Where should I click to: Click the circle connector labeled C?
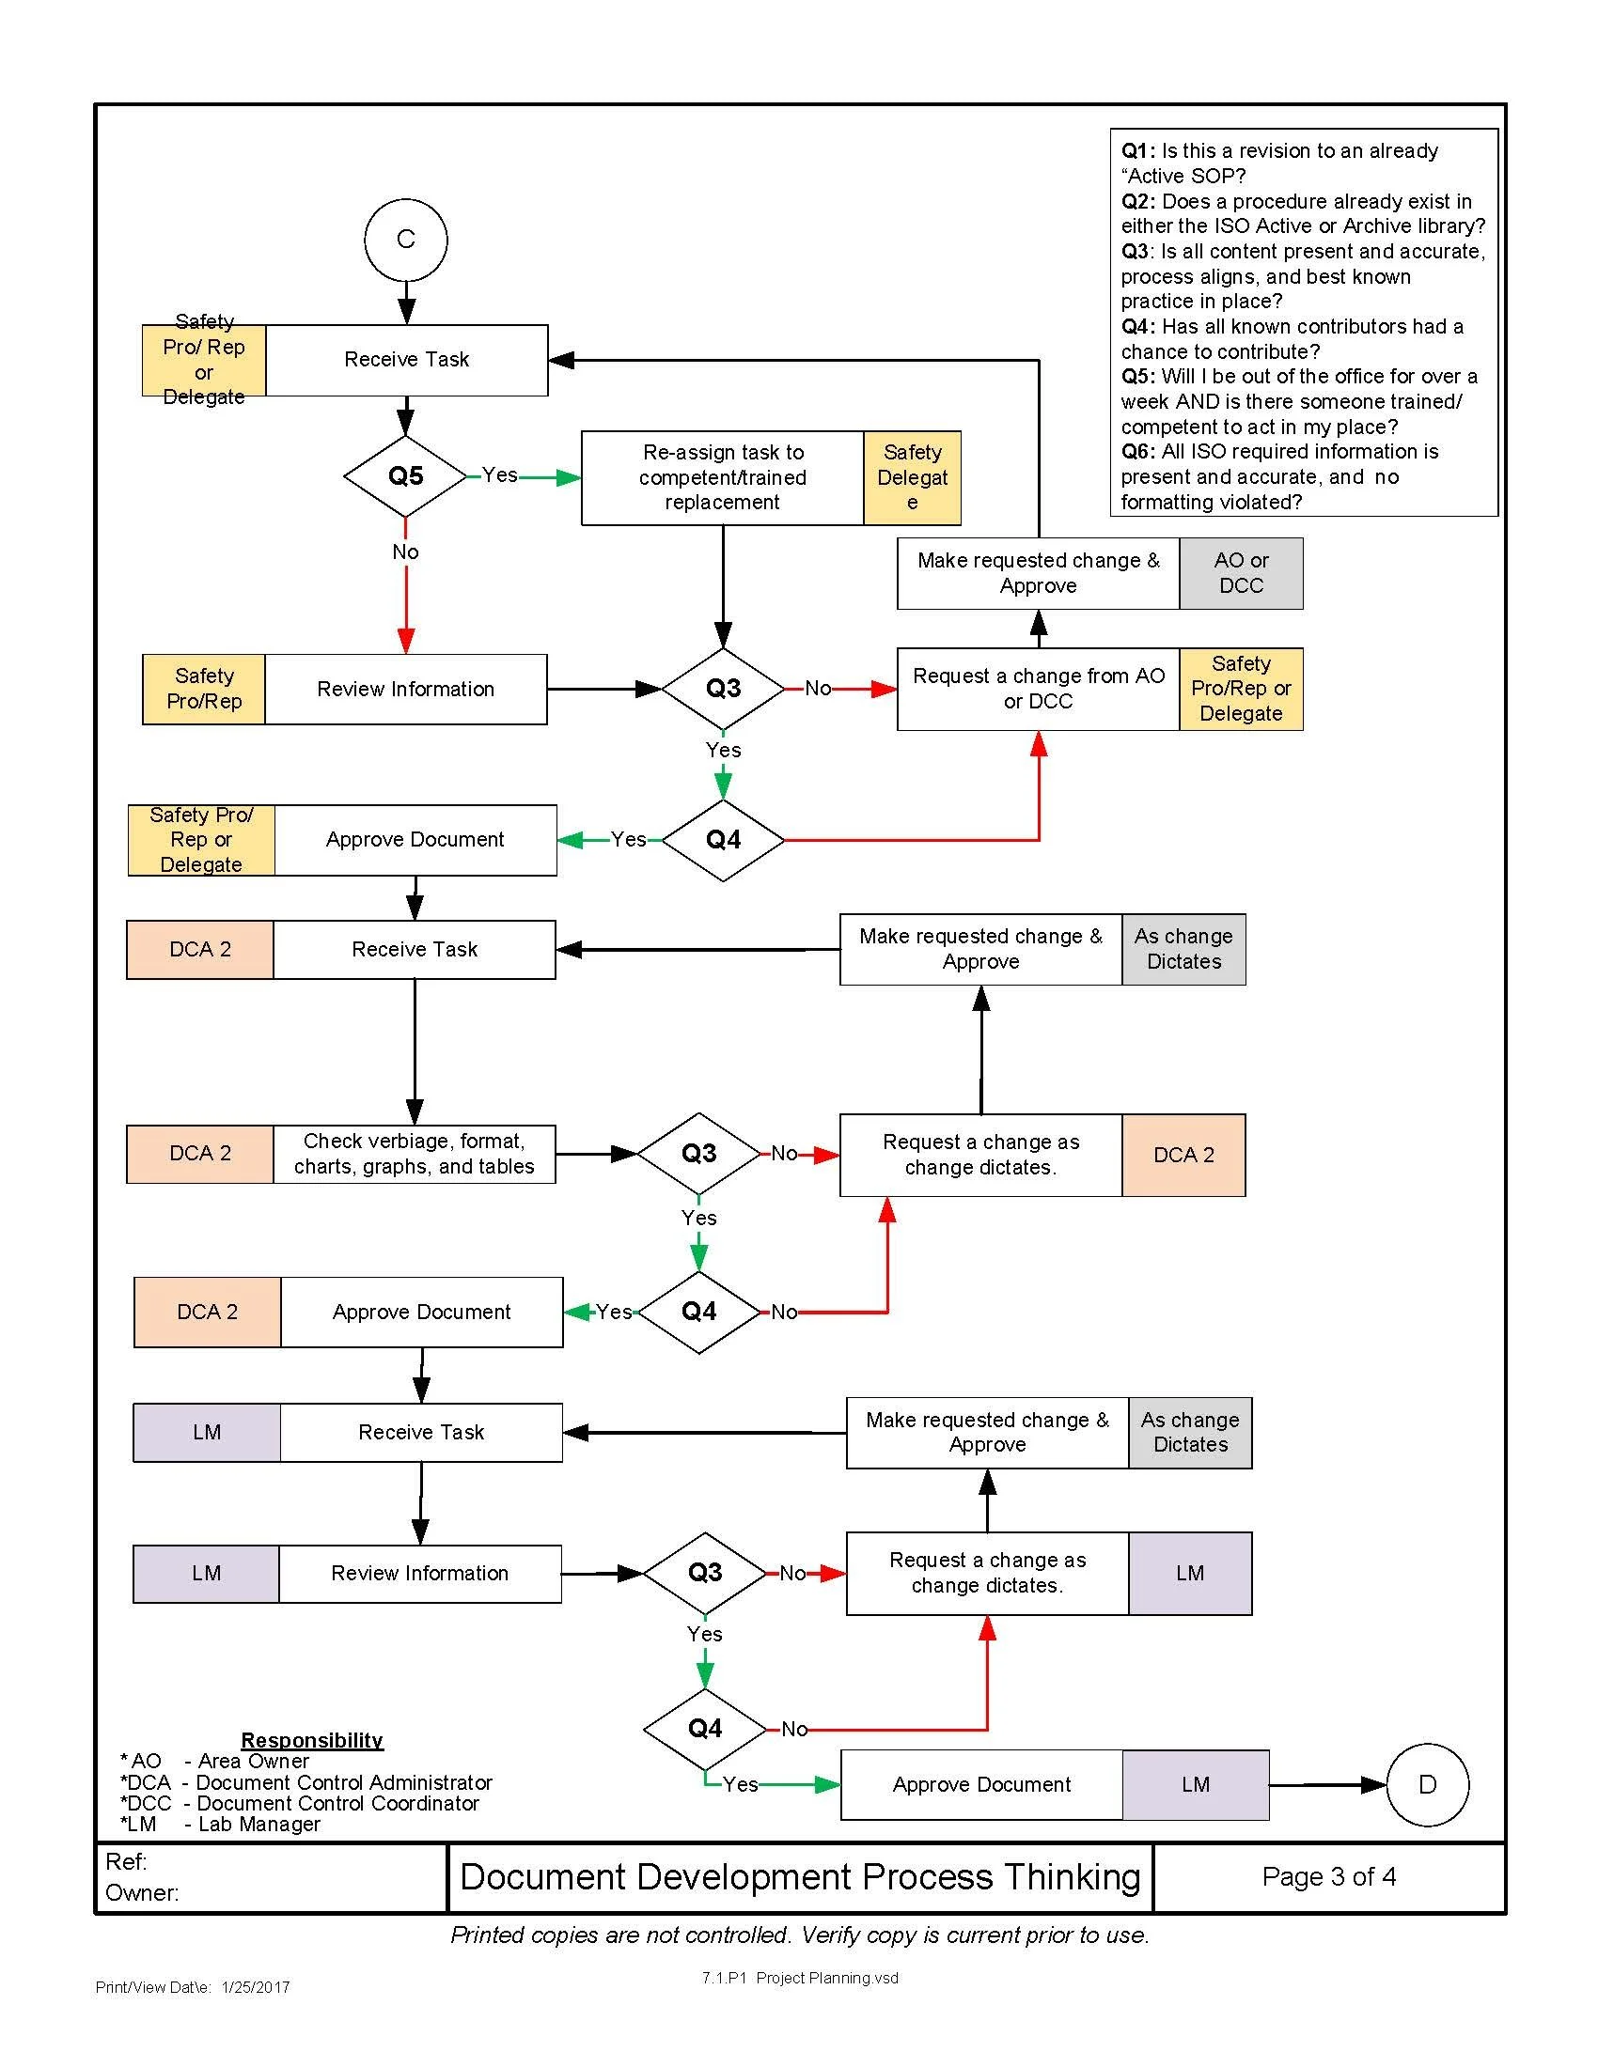point(405,240)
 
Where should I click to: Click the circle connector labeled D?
point(1428,1784)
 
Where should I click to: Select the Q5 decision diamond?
point(405,475)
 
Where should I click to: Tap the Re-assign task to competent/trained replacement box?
point(722,478)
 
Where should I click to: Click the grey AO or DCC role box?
point(1241,573)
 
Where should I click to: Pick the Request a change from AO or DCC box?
point(1039,689)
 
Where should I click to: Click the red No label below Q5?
point(405,552)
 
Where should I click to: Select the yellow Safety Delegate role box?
point(913,478)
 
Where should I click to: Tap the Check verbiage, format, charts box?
point(415,1154)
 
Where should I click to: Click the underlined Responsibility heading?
point(311,1739)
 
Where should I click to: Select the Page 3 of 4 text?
point(1328,1876)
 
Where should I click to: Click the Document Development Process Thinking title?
point(800,1877)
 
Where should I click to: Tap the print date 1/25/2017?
point(256,1987)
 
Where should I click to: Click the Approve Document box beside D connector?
point(981,1785)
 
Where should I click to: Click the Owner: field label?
point(142,1893)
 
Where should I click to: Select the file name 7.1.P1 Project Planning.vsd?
point(800,1978)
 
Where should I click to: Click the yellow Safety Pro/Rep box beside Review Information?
point(204,689)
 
